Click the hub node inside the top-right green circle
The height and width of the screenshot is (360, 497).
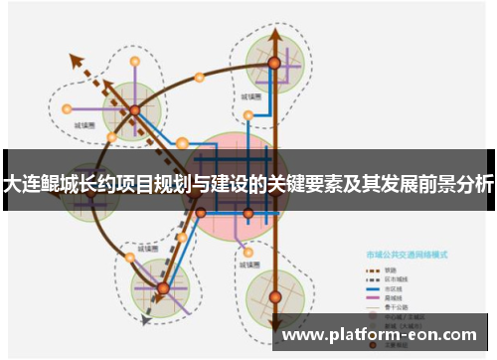coord(274,63)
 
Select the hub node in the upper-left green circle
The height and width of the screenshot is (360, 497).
coord(133,110)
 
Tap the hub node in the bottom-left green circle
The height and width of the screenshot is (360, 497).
coord(163,288)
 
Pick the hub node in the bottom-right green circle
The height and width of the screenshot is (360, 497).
coord(274,295)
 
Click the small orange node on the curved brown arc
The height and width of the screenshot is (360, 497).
coord(199,77)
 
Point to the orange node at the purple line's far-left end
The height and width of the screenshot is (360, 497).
coord(67,108)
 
